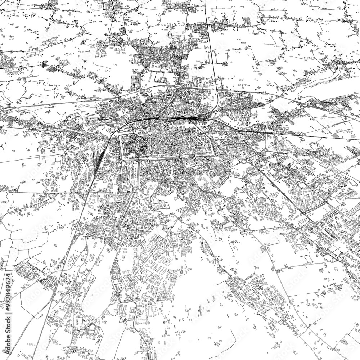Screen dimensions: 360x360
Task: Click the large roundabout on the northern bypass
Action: (177, 86)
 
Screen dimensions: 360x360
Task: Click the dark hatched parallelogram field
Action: (316, 207)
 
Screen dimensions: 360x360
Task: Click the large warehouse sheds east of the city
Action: (284, 146)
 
